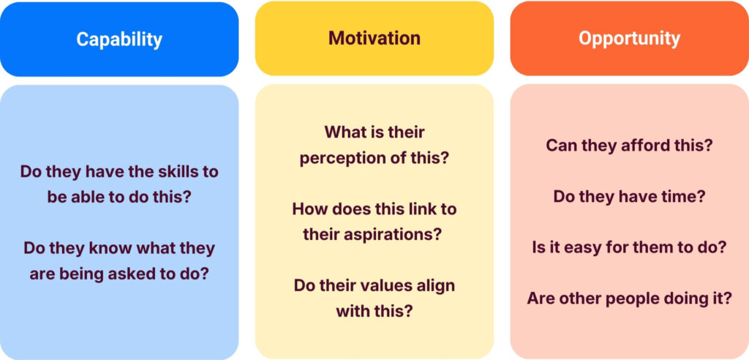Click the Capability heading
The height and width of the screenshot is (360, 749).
coord(119,39)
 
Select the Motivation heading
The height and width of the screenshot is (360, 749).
coord(374,38)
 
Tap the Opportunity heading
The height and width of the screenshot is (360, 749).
coord(629,38)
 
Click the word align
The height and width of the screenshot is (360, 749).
coord(434,285)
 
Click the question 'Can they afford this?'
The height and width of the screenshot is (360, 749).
coord(629,146)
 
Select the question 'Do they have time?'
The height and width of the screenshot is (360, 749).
coord(629,196)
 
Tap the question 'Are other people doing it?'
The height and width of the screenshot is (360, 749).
coord(629,298)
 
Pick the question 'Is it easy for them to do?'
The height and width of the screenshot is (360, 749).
coord(629,247)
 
